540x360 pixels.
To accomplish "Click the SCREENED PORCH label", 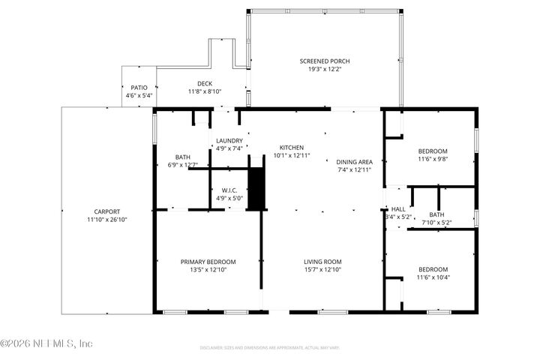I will coord(325,61).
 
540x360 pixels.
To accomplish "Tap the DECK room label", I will coord(205,84).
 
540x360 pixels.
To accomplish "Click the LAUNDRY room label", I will coord(228,141).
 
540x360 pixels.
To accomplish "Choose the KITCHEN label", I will coord(292,147).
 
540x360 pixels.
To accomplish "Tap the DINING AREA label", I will coord(354,162).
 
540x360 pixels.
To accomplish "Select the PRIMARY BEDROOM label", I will coord(208,262).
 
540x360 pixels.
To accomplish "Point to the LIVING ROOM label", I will coord(322,262).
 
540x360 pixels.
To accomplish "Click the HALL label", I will coord(397,209).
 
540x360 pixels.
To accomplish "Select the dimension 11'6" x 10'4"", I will coord(433,277).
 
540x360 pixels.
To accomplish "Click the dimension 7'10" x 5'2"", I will coord(436,222).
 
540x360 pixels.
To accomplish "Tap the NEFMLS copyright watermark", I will coord(46,343).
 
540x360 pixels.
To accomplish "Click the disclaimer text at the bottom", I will coord(269,348).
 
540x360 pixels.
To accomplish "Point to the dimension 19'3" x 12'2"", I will coord(325,69).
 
